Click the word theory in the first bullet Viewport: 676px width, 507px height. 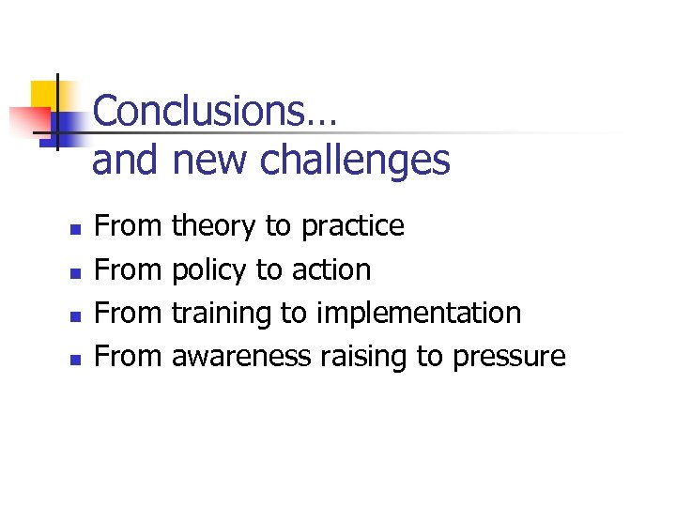(213, 226)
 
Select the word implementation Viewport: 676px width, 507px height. (419, 314)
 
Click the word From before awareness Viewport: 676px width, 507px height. (130, 357)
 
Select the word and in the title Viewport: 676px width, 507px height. (125, 161)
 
